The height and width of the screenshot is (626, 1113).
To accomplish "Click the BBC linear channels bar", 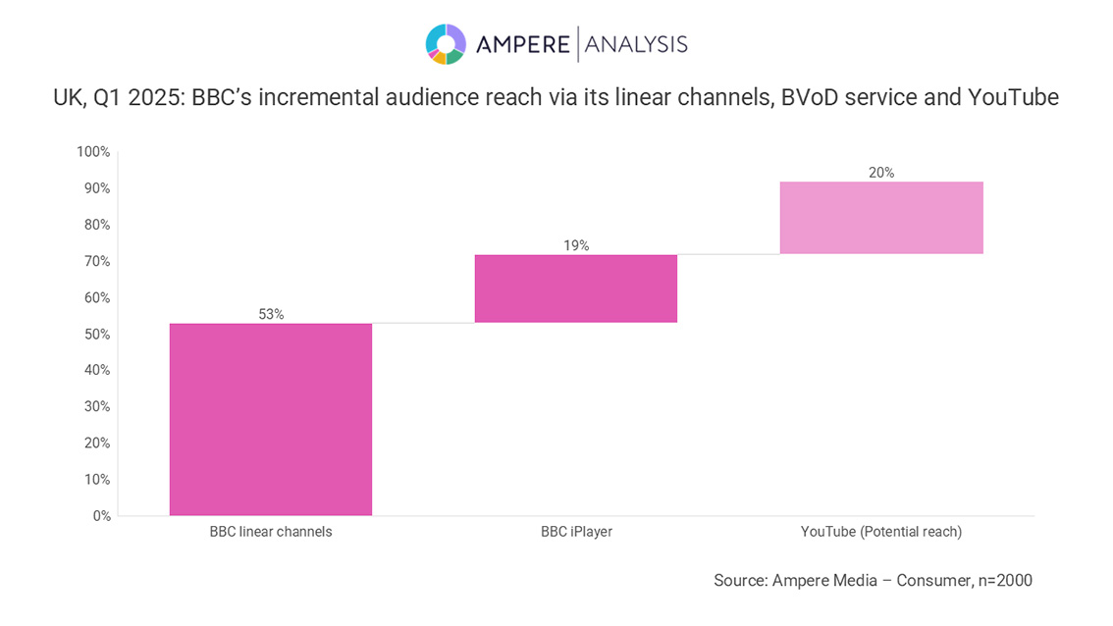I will (270, 419).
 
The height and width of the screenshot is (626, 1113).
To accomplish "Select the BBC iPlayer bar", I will (575, 288).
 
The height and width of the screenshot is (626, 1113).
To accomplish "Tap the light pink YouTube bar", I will (880, 218).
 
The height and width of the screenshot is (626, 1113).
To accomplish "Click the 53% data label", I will (271, 314).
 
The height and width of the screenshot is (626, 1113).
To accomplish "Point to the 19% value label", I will (576, 245).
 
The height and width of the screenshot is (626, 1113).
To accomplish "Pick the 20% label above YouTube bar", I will (880, 173).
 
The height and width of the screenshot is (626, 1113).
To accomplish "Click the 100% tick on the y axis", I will (93, 152).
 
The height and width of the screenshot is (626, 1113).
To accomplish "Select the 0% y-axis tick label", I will (101, 516).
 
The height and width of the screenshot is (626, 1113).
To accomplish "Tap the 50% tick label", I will (96, 335).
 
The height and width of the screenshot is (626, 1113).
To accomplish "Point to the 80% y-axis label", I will (96, 225).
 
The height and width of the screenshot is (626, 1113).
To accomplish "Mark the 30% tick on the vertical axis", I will (96, 407).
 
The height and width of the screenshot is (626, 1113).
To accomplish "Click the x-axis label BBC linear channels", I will (271, 532).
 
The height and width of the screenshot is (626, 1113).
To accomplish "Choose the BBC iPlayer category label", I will (576, 532).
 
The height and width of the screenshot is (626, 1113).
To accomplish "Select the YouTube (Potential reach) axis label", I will (880, 532).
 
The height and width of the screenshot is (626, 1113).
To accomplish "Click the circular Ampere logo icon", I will (446, 44).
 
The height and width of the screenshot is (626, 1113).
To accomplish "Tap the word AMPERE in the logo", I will (522, 44).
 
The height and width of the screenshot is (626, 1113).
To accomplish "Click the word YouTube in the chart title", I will (1013, 98).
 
